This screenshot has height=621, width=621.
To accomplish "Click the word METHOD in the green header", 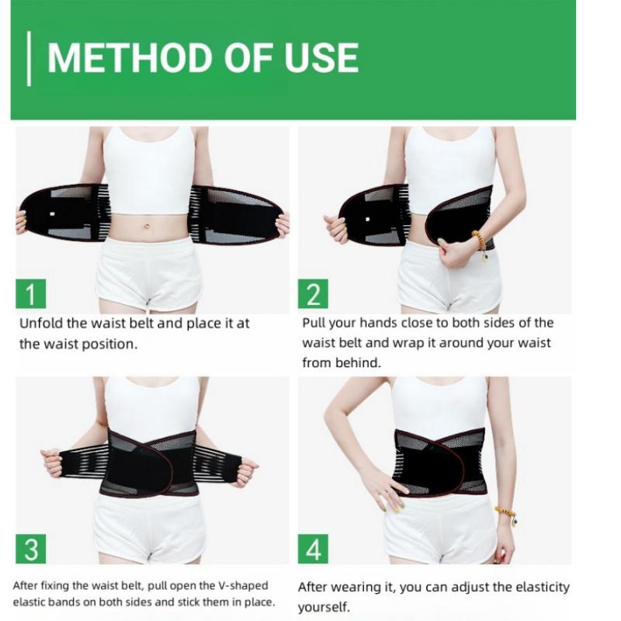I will (x=124, y=58).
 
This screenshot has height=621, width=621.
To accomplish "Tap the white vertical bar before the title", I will (x=29, y=58).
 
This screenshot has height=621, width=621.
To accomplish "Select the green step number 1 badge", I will (x=32, y=295).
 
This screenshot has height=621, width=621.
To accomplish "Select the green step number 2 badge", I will (x=314, y=295).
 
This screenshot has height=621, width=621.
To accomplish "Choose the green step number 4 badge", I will (x=314, y=549).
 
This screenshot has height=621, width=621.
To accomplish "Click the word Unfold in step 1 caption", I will (x=40, y=324).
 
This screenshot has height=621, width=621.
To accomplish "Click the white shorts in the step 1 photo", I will (x=147, y=272).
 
